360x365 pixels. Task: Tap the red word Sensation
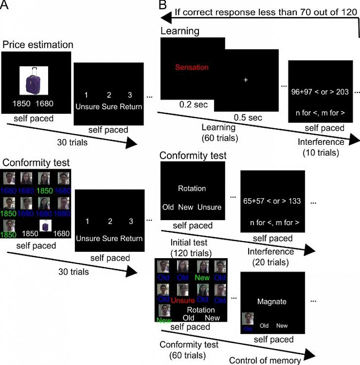[x=192, y=68]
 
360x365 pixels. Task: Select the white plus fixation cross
[x=246, y=79]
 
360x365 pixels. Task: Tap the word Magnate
[x=272, y=301]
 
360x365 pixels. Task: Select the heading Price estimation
[x=38, y=45]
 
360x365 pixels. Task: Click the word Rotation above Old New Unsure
[x=192, y=189]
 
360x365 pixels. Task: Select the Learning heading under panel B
[x=180, y=31]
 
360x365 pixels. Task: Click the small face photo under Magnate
[x=248, y=319]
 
